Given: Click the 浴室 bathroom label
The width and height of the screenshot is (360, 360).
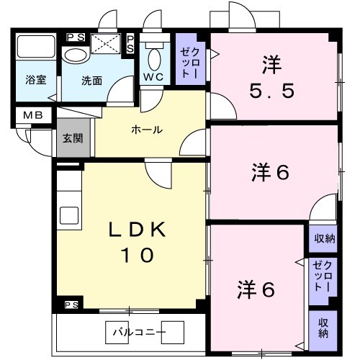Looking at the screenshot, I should pyautogui.click(x=36, y=80).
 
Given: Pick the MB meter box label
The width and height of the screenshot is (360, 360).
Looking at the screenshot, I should pyautogui.click(x=33, y=114).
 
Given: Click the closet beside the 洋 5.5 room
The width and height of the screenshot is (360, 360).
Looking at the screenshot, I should pyautogui.click(x=192, y=61).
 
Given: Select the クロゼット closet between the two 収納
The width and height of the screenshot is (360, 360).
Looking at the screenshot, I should pyautogui.click(x=322, y=276).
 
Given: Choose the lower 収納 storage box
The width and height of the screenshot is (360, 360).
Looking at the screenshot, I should pyautogui.click(x=323, y=328).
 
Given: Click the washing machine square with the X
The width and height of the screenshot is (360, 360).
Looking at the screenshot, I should pyautogui.click(x=105, y=44).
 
